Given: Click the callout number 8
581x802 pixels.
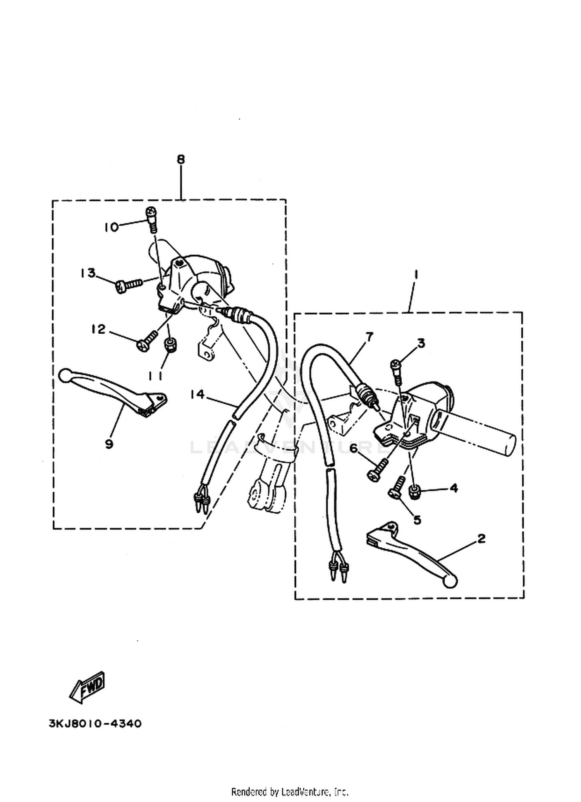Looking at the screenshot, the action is point(180,159).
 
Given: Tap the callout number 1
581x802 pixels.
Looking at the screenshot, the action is point(416,276).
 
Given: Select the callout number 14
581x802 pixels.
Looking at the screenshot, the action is point(197,394).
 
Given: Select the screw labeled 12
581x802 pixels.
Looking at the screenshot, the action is point(148,340).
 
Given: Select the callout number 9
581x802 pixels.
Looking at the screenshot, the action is point(109,444).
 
